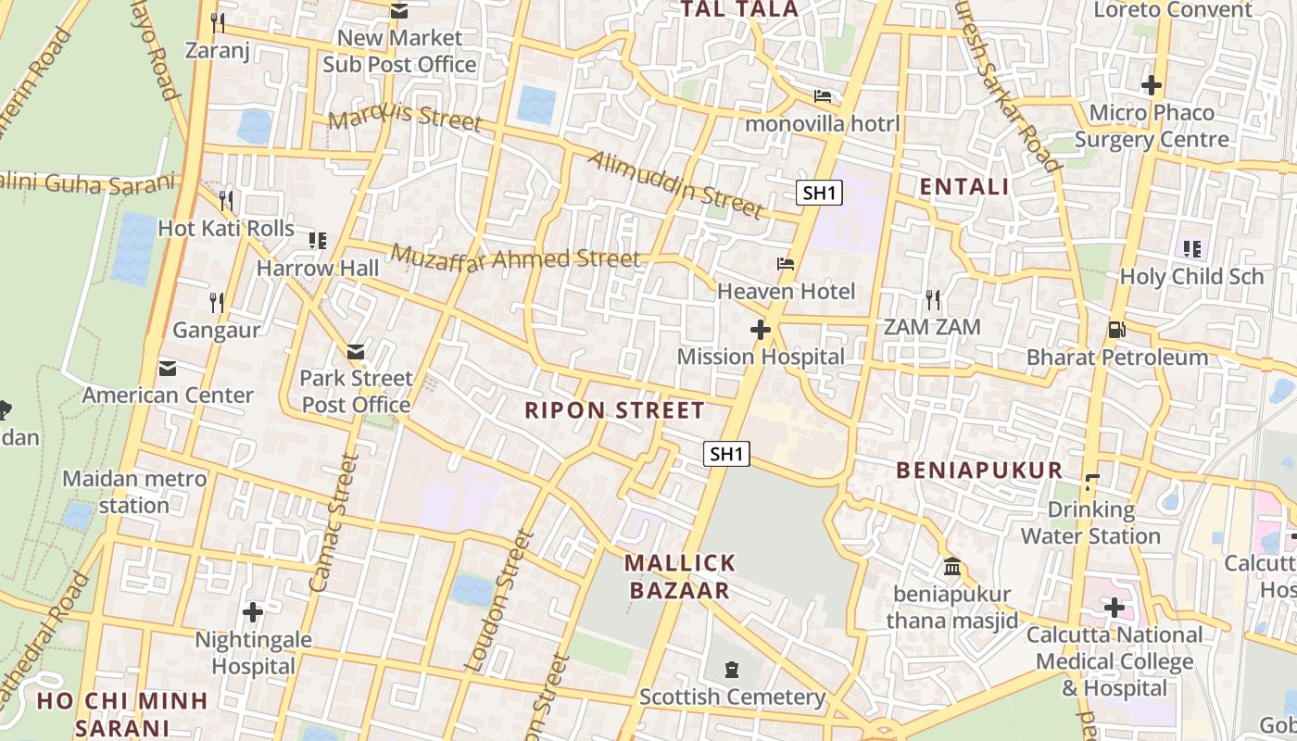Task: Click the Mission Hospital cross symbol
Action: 761,329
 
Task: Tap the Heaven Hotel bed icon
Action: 786,264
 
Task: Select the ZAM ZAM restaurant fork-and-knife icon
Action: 933,299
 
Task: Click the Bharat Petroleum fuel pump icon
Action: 1116,330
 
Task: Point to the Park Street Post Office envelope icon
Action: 356,352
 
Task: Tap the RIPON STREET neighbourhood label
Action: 614,410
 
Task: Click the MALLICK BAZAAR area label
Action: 680,576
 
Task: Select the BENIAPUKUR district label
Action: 979,470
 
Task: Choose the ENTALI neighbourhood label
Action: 963,187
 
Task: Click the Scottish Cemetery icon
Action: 733,669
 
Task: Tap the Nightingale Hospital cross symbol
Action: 252,612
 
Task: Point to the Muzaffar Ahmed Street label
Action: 515,257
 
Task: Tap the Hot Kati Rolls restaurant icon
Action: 226,200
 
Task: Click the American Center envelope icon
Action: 168,369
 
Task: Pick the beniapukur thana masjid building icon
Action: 951,566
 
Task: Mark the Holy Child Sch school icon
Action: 1191,248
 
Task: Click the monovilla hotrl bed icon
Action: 822,95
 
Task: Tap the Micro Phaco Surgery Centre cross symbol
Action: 1152,85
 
